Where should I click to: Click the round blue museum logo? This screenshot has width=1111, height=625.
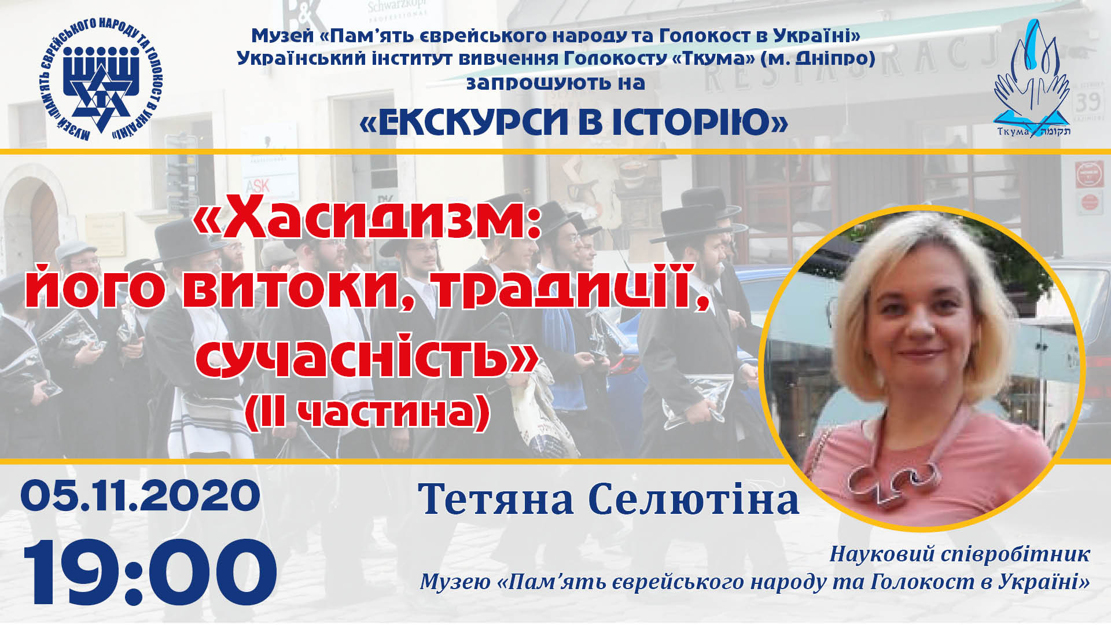click(102, 79)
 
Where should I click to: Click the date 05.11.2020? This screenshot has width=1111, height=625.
click(140, 497)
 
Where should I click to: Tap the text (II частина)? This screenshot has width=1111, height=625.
click(367, 413)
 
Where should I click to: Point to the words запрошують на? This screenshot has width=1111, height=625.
click(555, 83)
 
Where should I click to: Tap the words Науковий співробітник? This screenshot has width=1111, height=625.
click(959, 554)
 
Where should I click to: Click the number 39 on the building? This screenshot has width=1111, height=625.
click(1087, 103)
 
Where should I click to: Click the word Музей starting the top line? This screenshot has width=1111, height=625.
click(282, 36)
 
